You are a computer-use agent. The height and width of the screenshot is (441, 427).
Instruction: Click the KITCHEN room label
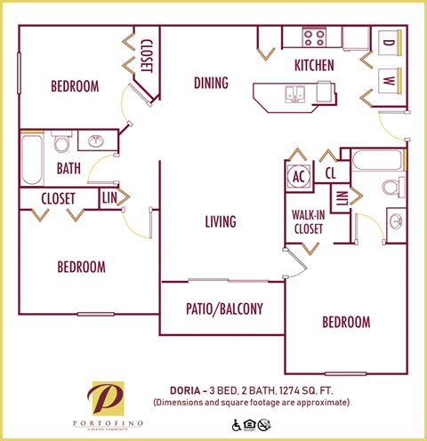pos(314,65)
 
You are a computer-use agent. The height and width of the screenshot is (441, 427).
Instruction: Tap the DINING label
pos(211,84)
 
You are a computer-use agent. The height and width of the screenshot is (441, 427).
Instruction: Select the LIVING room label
pos(221,221)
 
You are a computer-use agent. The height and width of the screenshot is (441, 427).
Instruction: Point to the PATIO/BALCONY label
pos(223,309)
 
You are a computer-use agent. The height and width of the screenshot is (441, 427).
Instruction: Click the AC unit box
pos(300,175)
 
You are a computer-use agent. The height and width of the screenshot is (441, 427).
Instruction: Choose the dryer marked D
pos(389,41)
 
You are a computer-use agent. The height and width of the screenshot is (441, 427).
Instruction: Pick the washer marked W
pos(389,79)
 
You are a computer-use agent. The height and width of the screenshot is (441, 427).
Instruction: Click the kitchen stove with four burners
pos(313,37)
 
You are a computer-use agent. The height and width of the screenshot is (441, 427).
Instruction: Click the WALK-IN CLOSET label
pos(307,221)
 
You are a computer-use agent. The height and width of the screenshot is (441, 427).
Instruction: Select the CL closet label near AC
pos(330,172)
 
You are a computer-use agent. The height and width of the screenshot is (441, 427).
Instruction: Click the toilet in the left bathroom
pos(61,143)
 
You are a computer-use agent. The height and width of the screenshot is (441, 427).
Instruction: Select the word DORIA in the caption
pos(186,389)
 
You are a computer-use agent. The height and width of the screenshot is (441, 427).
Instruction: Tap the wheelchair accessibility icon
pos(237,425)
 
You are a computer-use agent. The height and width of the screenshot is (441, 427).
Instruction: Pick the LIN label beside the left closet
pos(109,198)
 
